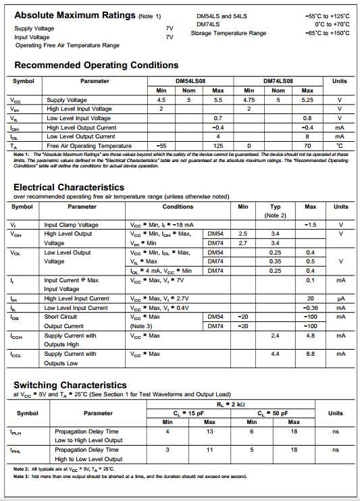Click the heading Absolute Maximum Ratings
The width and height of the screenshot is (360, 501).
(74, 15)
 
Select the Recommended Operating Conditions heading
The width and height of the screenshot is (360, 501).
(96, 65)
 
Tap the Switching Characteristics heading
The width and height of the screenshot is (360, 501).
(70, 385)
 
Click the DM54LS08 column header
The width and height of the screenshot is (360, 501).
(190, 81)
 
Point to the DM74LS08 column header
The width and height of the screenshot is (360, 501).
(278, 81)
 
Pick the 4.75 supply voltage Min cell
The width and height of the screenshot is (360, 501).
(249, 100)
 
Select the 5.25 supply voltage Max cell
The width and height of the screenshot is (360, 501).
(307, 100)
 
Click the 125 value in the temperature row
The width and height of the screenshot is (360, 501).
(218, 146)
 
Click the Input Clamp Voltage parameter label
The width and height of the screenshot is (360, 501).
(71, 225)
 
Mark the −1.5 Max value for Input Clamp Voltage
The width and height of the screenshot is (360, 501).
(310, 225)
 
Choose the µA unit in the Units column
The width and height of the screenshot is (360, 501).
(340, 298)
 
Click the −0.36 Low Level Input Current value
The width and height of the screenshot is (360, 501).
(310, 308)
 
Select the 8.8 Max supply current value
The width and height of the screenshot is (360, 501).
(310, 354)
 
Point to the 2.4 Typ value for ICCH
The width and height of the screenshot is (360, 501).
(275, 336)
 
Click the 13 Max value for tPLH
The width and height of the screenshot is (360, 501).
(209, 431)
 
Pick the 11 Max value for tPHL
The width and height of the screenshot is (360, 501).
(209, 450)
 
